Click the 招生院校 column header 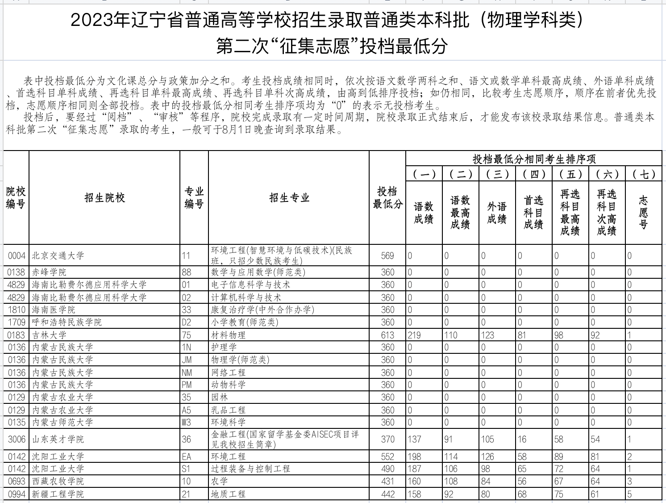(104, 198)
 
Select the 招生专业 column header (289, 198)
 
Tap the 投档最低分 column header (387, 198)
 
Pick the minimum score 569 (387, 256)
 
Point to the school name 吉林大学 (49, 335)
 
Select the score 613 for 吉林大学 (387, 335)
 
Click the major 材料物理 (228, 335)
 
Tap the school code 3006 (17, 439)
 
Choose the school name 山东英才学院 (58, 439)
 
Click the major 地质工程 (228, 494)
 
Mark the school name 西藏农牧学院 (58, 481)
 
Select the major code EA (186, 457)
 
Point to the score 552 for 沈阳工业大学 (387, 457)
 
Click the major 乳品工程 (228, 410)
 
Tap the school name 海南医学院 (54, 310)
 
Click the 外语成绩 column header (497, 213)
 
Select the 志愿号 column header (643, 213)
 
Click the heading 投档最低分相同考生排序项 (534, 159)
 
